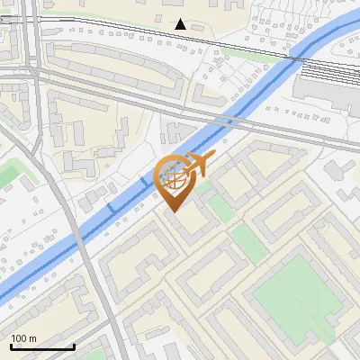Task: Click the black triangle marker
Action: click(x=181, y=24)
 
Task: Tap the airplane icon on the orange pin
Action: click(x=200, y=166)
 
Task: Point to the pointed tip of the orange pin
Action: click(x=174, y=211)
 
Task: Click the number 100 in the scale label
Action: click(x=20, y=338)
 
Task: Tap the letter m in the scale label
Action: click(x=33, y=338)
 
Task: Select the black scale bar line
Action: click(x=41, y=347)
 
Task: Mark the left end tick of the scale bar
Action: click(x=10, y=346)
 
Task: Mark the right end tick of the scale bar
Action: click(x=73, y=346)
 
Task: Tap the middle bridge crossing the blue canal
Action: click(x=144, y=184)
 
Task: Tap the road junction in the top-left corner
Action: click(x=34, y=67)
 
